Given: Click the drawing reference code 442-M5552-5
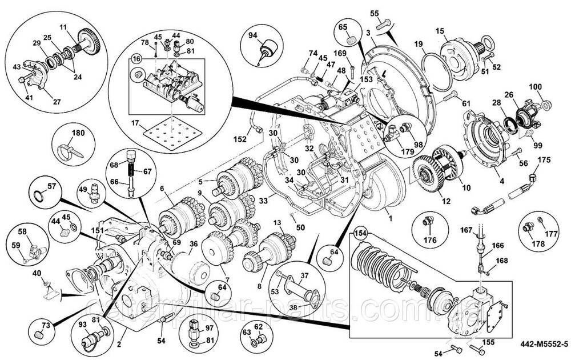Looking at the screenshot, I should click(x=544, y=344).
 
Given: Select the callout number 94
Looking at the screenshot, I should click(x=253, y=34).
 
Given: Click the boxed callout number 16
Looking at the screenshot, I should click(x=136, y=59).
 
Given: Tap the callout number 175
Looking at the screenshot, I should click(x=544, y=159).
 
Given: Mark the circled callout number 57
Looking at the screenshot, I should click(x=51, y=186).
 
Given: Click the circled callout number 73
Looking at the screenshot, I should click(x=45, y=325).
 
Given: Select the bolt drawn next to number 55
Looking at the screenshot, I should click(x=386, y=22).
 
